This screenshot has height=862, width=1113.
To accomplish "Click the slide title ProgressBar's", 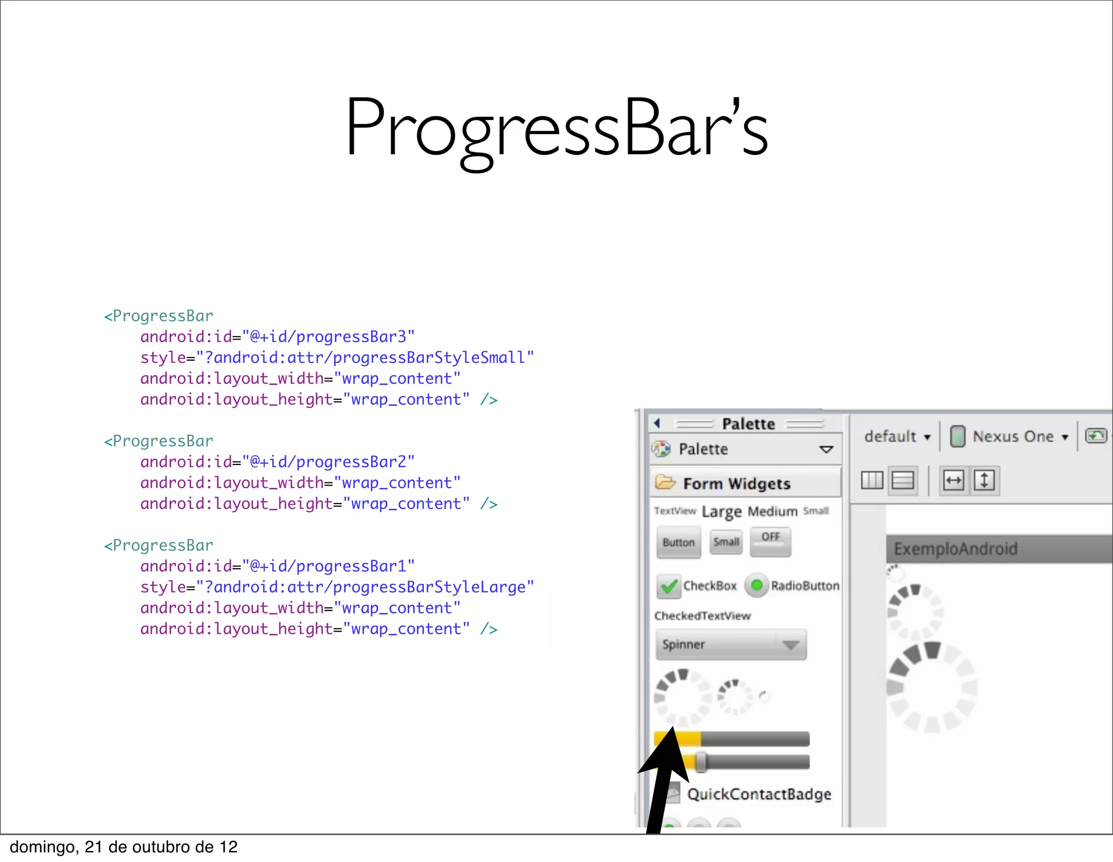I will pos(556,128).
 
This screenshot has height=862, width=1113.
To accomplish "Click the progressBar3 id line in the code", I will pos(277,337).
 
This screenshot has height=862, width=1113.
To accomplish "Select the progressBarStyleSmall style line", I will pos(337,358).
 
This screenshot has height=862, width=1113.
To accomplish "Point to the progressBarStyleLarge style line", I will pos(337,587).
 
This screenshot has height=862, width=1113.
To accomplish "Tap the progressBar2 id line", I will pos(277,462).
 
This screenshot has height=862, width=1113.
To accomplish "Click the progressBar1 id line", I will pos(277,567).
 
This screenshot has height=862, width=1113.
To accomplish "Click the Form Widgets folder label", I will pos(736,483).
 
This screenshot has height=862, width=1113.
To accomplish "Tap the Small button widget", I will pos(726,542).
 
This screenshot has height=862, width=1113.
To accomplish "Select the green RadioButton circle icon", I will pos(756,586).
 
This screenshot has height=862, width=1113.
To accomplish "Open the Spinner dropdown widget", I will pos(731,645).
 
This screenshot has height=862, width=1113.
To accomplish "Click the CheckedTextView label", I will pos(702,616).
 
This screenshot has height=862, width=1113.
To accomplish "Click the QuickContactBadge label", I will pos(759,794).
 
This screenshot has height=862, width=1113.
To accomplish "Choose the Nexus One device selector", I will pos(1012,437).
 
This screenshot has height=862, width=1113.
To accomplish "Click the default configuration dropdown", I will pos(897,437).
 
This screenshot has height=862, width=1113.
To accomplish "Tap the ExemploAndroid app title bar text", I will pos(955,549).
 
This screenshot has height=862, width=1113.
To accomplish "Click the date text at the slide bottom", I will pos(124,847).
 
